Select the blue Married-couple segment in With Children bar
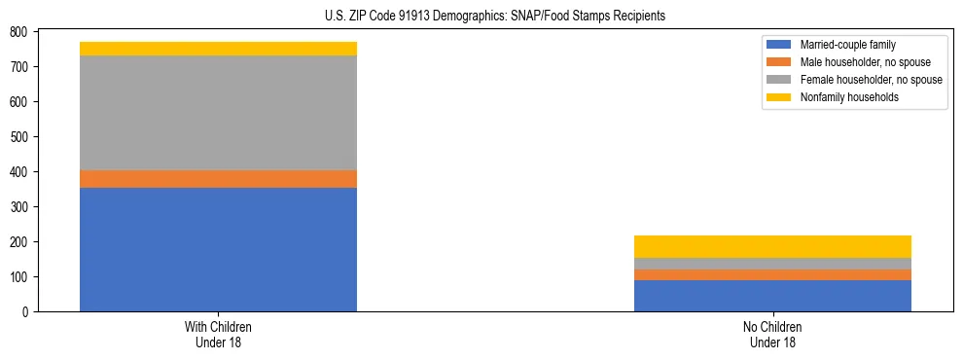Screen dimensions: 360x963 coord(218,249)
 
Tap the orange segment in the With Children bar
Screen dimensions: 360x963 coord(218,179)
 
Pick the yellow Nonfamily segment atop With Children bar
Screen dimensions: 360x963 coord(218,49)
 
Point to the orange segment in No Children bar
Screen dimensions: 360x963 coord(772,274)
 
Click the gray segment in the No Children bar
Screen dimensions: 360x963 coord(772,264)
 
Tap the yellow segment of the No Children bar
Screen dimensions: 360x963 coord(772,246)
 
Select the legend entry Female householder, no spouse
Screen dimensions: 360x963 coord(871,80)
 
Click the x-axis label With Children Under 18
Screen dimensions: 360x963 coord(218,335)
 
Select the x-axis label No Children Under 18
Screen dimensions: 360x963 coord(772,335)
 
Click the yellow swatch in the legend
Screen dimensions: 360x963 coord(779,97)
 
